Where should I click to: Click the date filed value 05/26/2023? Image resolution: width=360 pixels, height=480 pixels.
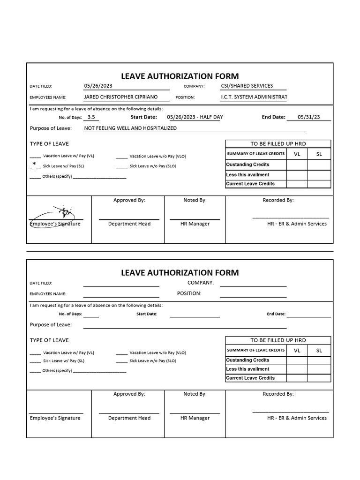coord(98,86)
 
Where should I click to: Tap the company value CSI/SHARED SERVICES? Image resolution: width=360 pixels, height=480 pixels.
coord(247,86)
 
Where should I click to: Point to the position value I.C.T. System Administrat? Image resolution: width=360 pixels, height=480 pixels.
coord(253,97)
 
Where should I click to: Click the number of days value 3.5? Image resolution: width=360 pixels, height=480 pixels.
coord(91,117)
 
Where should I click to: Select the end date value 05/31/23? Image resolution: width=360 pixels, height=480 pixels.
coord(308,118)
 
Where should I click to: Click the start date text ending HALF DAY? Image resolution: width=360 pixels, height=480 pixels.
coord(195,117)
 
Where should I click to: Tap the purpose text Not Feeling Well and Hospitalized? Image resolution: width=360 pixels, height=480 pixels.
coord(130,128)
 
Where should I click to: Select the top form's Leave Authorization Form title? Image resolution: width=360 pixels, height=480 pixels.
coord(180,76)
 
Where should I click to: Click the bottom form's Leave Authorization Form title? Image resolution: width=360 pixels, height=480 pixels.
coord(180,272)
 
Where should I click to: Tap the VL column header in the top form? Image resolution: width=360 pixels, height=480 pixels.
coord(297,154)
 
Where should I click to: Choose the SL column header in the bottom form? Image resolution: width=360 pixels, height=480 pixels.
coord(319,350)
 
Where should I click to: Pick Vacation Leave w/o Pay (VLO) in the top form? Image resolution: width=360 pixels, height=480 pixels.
coord(157,156)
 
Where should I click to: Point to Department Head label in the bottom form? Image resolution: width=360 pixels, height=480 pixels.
coord(129,418)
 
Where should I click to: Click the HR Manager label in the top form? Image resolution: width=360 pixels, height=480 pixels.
coord(195,224)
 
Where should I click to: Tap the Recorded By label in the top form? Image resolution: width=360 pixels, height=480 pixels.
coord(278,200)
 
